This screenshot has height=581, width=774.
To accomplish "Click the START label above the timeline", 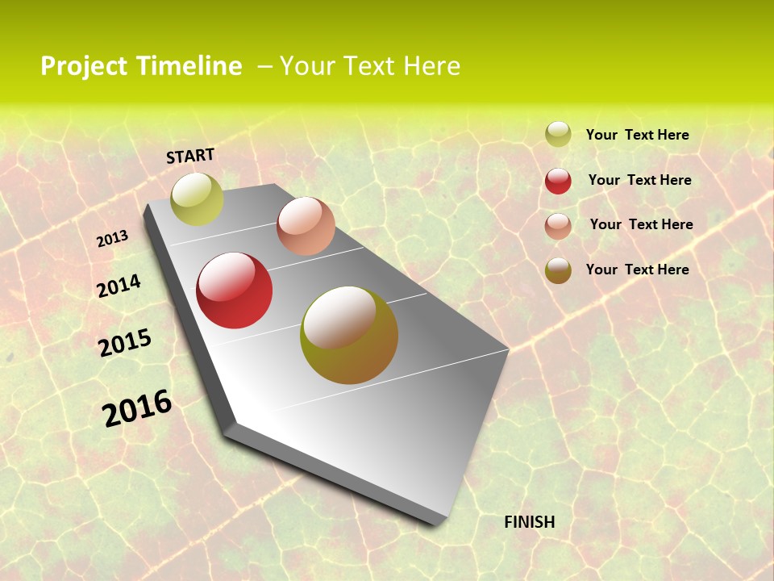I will click(190, 156).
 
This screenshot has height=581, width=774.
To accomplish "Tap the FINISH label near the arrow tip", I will click(530, 522).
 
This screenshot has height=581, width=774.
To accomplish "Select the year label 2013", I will click(113, 239).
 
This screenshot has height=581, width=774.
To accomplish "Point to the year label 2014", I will click(119, 286).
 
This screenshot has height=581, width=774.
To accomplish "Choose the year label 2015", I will click(125, 343).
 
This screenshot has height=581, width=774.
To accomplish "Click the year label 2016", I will click(137, 408).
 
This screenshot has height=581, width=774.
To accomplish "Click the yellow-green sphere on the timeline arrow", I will click(197, 199).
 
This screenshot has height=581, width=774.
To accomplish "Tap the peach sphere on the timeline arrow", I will click(306, 226).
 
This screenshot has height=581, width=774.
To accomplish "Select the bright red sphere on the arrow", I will click(235, 290).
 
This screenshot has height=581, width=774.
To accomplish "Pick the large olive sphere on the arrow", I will click(349, 335).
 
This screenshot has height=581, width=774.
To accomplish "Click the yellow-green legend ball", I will click(558, 135).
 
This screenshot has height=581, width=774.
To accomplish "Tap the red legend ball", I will click(558, 181).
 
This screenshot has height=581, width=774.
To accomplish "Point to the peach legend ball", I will click(558, 225).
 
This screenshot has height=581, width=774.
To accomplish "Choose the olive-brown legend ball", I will click(558, 270).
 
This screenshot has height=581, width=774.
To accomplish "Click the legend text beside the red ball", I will click(639, 180).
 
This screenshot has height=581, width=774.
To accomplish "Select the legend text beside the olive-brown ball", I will click(637, 270).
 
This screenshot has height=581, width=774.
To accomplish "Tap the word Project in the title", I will click(84, 66).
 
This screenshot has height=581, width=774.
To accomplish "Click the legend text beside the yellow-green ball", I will click(637, 135).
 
